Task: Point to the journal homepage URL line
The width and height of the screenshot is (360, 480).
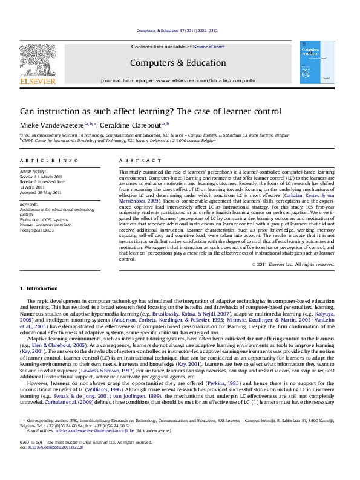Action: [x=177, y=79]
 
